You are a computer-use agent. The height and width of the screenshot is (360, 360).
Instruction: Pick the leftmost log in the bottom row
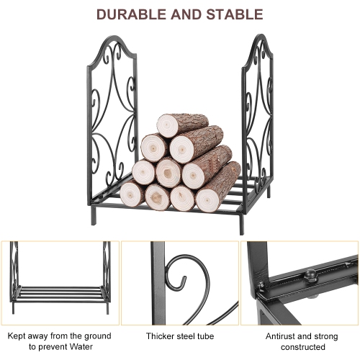coord(132,193)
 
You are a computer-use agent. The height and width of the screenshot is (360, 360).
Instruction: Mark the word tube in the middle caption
coord(205,336)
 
